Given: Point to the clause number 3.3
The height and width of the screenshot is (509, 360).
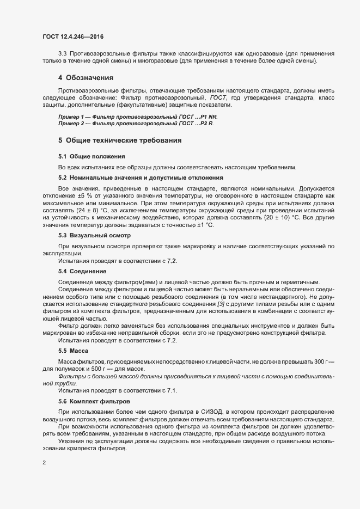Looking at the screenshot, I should (63, 54).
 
